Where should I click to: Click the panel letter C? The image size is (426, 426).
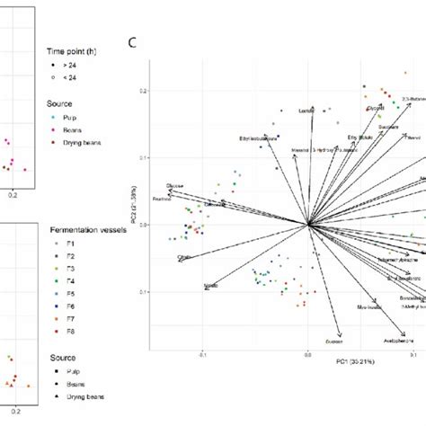pos(133,42)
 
